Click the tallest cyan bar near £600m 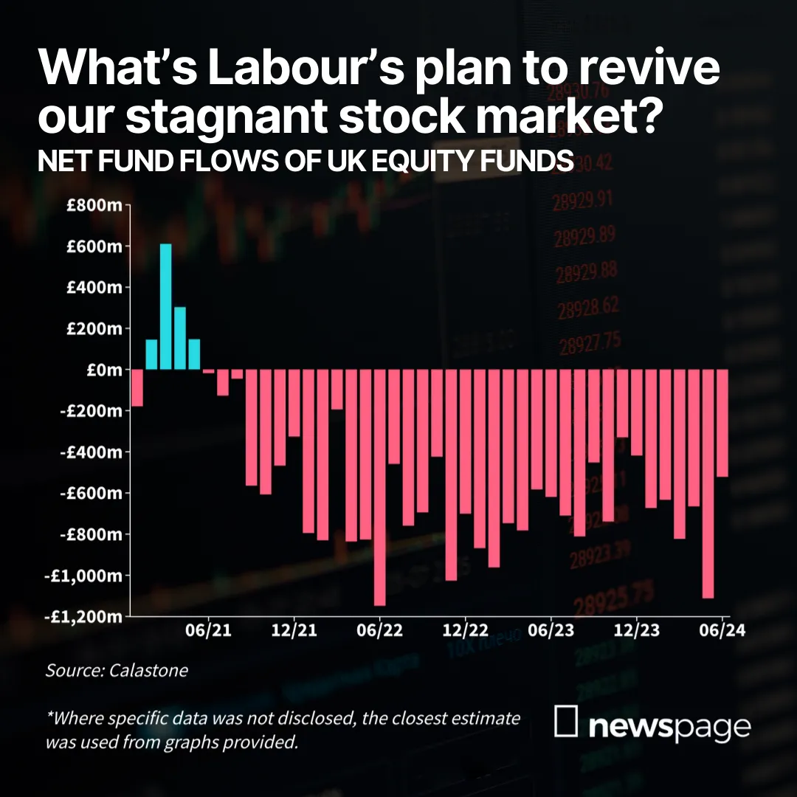click(x=166, y=306)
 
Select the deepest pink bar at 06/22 click(x=380, y=488)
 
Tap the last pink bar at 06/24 click(x=722, y=423)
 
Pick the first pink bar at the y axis click(x=137, y=388)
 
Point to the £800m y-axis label click(x=94, y=205)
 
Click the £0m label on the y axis click(x=105, y=370)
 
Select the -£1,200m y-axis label click(x=84, y=616)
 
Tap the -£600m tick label click(x=92, y=493)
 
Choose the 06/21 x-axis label click(x=208, y=631)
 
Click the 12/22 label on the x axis click(x=465, y=631)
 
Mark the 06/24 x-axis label click(x=722, y=631)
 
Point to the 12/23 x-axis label click(x=636, y=631)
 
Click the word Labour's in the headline click(x=306, y=68)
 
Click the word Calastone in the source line click(x=148, y=670)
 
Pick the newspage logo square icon click(x=566, y=721)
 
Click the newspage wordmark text click(x=669, y=727)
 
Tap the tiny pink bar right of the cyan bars click(x=208, y=371)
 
